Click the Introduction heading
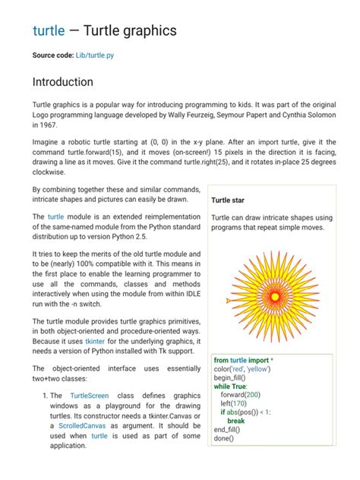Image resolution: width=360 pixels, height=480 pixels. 63,82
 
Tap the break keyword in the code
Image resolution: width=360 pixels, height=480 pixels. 236,421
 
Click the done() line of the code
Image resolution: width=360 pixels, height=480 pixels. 223,438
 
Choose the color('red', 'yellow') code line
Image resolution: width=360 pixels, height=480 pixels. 242,369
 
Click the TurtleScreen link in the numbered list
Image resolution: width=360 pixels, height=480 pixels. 89,396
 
